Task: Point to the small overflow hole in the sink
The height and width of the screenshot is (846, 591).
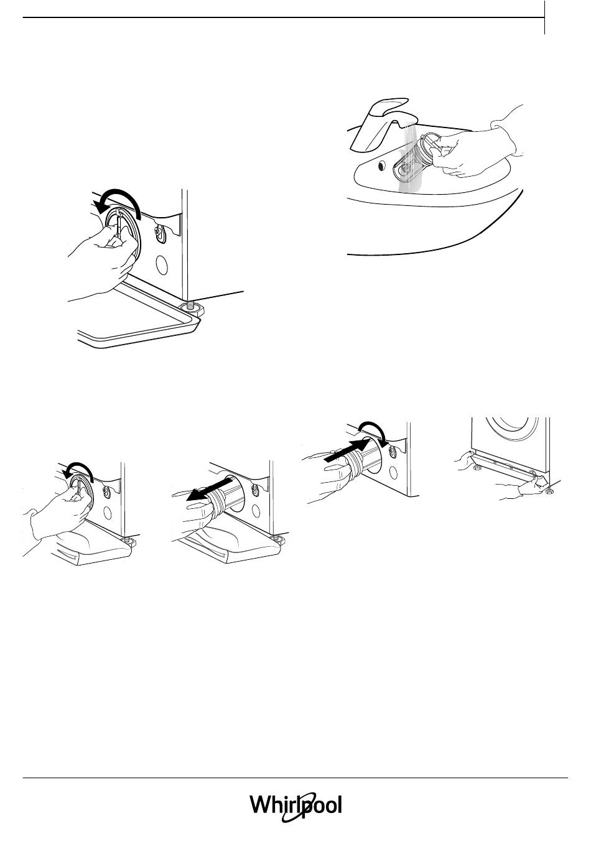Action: coord(382,165)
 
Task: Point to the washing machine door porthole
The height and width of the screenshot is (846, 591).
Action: coord(512,429)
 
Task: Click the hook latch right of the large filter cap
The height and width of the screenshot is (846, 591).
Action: coord(160,233)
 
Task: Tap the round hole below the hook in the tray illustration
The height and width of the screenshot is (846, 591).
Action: coord(162,265)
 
